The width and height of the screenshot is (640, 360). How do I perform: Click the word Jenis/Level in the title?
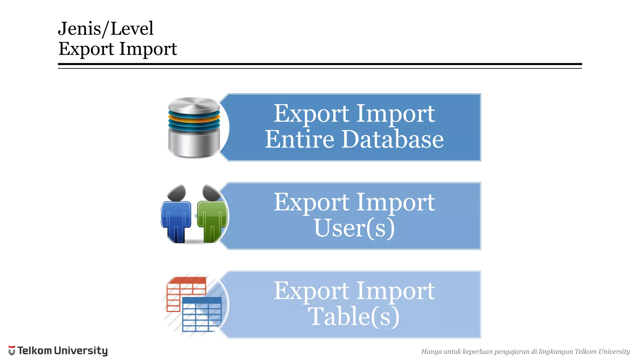click(x=106, y=29)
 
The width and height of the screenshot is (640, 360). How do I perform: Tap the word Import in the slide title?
click(x=148, y=49)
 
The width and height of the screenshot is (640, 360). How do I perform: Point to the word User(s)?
click(x=354, y=228)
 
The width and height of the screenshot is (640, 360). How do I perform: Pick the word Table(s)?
click(x=354, y=317)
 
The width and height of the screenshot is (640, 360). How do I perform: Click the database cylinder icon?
click(x=194, y=127)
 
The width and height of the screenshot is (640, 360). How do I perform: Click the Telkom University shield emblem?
click(x=12, y=351)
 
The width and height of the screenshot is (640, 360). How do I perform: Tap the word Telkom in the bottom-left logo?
click(x=35, y=351)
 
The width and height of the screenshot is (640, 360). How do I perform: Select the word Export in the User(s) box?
click(x=311, y=202)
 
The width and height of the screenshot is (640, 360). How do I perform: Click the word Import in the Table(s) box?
click(x=396, y=291)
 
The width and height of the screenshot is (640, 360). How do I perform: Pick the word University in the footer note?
click(x=614, y=352)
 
